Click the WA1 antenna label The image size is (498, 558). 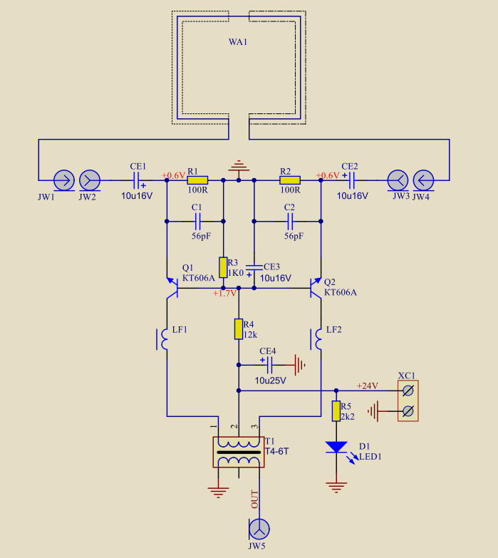(238, 42)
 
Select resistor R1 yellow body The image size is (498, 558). (197, 180)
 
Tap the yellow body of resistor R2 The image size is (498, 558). (290, 180)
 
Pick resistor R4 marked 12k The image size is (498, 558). (239, 329)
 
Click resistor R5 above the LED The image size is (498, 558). (336, 411)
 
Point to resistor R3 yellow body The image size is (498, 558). (223, 267)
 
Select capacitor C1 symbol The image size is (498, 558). (198, 222)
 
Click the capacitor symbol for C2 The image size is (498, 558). (290, 222)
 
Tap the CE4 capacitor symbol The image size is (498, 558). (269, 365)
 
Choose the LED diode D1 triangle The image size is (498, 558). (336, 447)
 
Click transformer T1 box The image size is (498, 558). (239, 452)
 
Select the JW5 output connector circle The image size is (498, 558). (259, 529)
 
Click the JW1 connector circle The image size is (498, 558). (64, 180)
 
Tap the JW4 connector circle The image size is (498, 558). (423, 180)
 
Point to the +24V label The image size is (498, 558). (368, 386)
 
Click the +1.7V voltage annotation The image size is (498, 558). (224, 293)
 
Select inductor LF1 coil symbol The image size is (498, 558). (162, 339)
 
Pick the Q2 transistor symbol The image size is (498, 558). (315, 287)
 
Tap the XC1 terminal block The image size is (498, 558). (408, 401)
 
